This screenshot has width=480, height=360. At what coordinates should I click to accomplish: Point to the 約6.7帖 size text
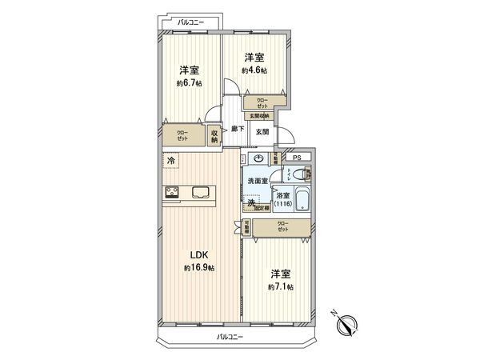pyautogui.click(x=189, y=82)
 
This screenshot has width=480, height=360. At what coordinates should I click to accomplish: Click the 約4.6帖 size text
pyautogui.click(x=255, y=70)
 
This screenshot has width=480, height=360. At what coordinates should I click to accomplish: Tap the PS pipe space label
pyautogui.click(x=296, y=158)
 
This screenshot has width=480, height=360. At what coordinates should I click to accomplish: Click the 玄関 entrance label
pyautogui.click(x=262, y=131)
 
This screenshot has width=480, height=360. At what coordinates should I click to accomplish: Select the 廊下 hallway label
pyautogui.click(x=237, y=128)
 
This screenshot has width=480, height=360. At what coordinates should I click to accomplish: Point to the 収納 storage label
pyautogui.click(x=215, y=137)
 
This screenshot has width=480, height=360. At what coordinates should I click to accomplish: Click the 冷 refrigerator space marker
pyautogui.click(x=171, y=161)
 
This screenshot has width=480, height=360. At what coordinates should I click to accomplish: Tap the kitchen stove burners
pyautogui.click(x=174, y=192)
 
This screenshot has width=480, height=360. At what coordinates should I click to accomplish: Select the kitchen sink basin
pyautogui.click(x=201, y=192)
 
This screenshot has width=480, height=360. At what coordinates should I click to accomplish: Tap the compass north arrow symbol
pyautogui.click(x=347, y=325)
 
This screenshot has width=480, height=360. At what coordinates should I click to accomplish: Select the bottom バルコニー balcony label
pyautogui.click(x=230, y=337)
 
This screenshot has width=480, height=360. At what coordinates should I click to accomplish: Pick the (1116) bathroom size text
pyautogui.click(x=282, y=204)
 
